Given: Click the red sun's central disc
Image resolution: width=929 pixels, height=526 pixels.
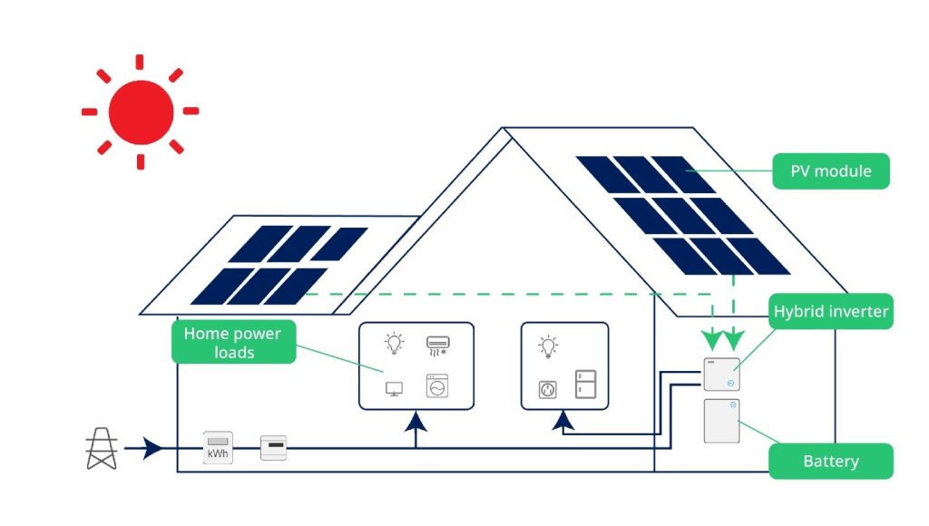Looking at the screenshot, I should tap(141, 112).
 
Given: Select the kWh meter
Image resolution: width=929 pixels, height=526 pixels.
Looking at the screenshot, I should tap(218, 448).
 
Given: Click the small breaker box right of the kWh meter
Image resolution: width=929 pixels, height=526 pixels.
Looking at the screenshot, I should tap(274, 448).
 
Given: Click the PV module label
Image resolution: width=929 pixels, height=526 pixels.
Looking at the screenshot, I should tap(830, 170).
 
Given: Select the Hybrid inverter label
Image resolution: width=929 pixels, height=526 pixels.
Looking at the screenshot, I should tap(830, 313).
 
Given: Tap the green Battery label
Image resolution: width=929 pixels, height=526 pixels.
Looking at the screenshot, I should tap(830, 462).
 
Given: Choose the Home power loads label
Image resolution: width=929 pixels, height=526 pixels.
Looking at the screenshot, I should tap(233, 343).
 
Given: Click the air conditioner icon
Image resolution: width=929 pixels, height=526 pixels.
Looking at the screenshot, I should tap(437, 346).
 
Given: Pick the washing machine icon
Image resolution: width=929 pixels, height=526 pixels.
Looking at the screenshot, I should tap(437, 386).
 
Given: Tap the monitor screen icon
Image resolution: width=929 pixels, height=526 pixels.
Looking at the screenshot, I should tap(394, 389).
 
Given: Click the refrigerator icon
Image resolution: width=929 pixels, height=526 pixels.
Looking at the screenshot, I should tap(583, 384).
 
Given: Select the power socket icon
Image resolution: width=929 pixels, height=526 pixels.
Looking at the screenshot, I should tap(548, 388).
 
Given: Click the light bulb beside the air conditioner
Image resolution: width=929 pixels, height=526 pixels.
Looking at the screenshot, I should tap(394, 344).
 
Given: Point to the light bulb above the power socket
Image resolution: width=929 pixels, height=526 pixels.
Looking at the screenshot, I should tap(547, 346).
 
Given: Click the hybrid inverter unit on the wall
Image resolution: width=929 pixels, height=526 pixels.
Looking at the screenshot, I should tap(721, 374).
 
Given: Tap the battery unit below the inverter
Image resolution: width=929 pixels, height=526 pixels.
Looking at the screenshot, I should tap(721, 421).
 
